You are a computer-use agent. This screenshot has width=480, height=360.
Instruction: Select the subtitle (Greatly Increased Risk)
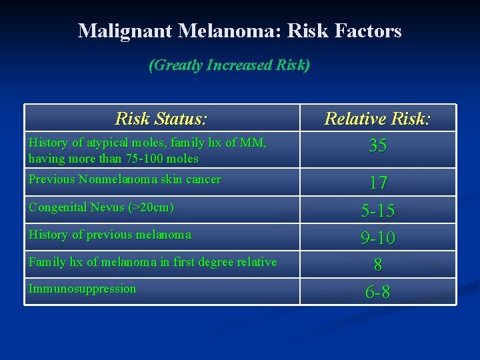tap(229, 65)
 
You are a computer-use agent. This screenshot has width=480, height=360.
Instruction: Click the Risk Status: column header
tap(161, 119)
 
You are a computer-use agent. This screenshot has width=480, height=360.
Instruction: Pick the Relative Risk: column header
tap(377, 119)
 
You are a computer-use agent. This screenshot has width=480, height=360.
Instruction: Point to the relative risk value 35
tap(377, 146)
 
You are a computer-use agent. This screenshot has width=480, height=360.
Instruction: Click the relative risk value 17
tap(377, 183)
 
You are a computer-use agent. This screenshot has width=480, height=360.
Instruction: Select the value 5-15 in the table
tap(377, 211)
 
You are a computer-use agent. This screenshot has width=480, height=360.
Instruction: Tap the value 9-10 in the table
tap(377, 237)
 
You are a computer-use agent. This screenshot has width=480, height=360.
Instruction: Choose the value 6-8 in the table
tap(377, 292)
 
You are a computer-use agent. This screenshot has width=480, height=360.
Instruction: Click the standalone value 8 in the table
tap(377, 265)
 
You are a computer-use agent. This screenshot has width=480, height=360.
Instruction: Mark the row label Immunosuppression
tap(82, 289)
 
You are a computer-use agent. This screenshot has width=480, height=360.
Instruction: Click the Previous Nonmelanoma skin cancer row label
tap(125, 179)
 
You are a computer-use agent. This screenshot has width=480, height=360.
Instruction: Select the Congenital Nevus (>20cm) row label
tap(101, 207)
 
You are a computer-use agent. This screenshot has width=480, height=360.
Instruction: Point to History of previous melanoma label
tap(110, 235)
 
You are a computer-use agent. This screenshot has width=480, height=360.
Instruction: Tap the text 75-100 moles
tap(159, 159)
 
